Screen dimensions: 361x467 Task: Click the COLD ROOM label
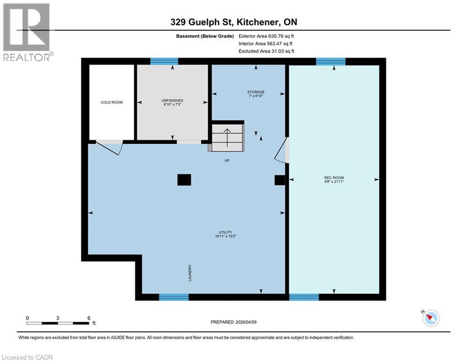click(112, 102)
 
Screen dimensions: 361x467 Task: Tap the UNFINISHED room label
click(172, 101)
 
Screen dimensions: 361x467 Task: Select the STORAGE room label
click(256, 92)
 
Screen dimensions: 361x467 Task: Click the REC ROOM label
click(334, 178)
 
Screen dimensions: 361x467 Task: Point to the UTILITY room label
click(225, 232)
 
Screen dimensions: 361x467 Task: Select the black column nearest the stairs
click(184, 180)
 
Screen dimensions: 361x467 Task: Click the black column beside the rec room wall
click(280, 180)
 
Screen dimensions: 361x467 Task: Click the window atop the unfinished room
click(164, 61)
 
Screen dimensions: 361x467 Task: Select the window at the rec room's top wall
click(330, 61)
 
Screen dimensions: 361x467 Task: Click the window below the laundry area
click(174, 297)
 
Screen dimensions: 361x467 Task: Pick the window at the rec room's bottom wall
click(304, 297)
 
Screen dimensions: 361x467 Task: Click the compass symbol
click(430, 319)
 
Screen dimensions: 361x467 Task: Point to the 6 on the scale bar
click(88, 318)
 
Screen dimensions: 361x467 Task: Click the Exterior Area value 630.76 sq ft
click(267, 36)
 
